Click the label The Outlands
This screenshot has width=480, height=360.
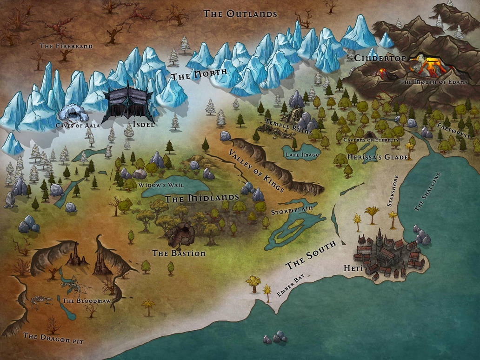coord(240,13)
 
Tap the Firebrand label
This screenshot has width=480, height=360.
coord(66,46)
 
